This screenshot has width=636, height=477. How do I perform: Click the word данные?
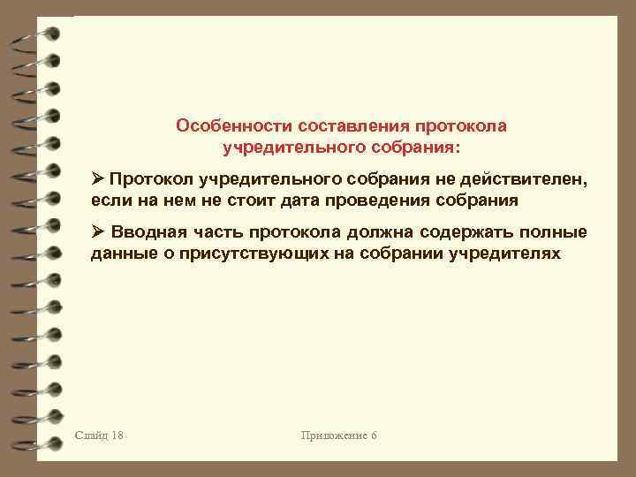point(120,254)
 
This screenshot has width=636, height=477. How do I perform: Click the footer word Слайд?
point(92,435)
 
